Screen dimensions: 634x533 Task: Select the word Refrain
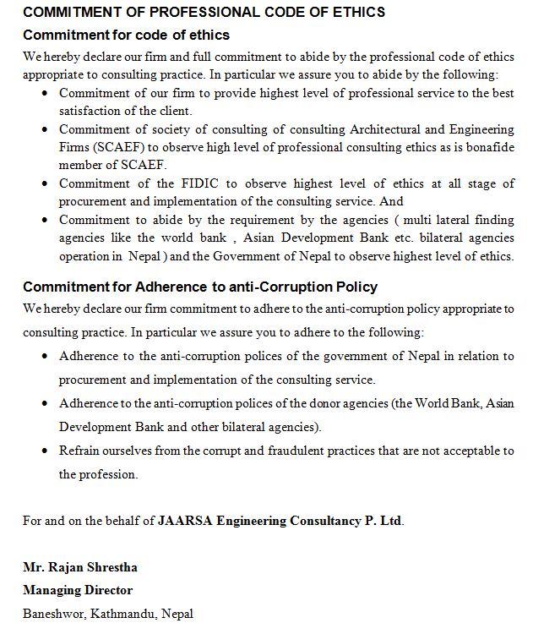(x=79, y=451)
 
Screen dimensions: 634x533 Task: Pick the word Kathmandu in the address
(x=122, y=613)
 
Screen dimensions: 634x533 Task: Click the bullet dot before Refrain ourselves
(x=45, y=451)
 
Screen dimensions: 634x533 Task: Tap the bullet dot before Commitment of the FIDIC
(x=45, y=184)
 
